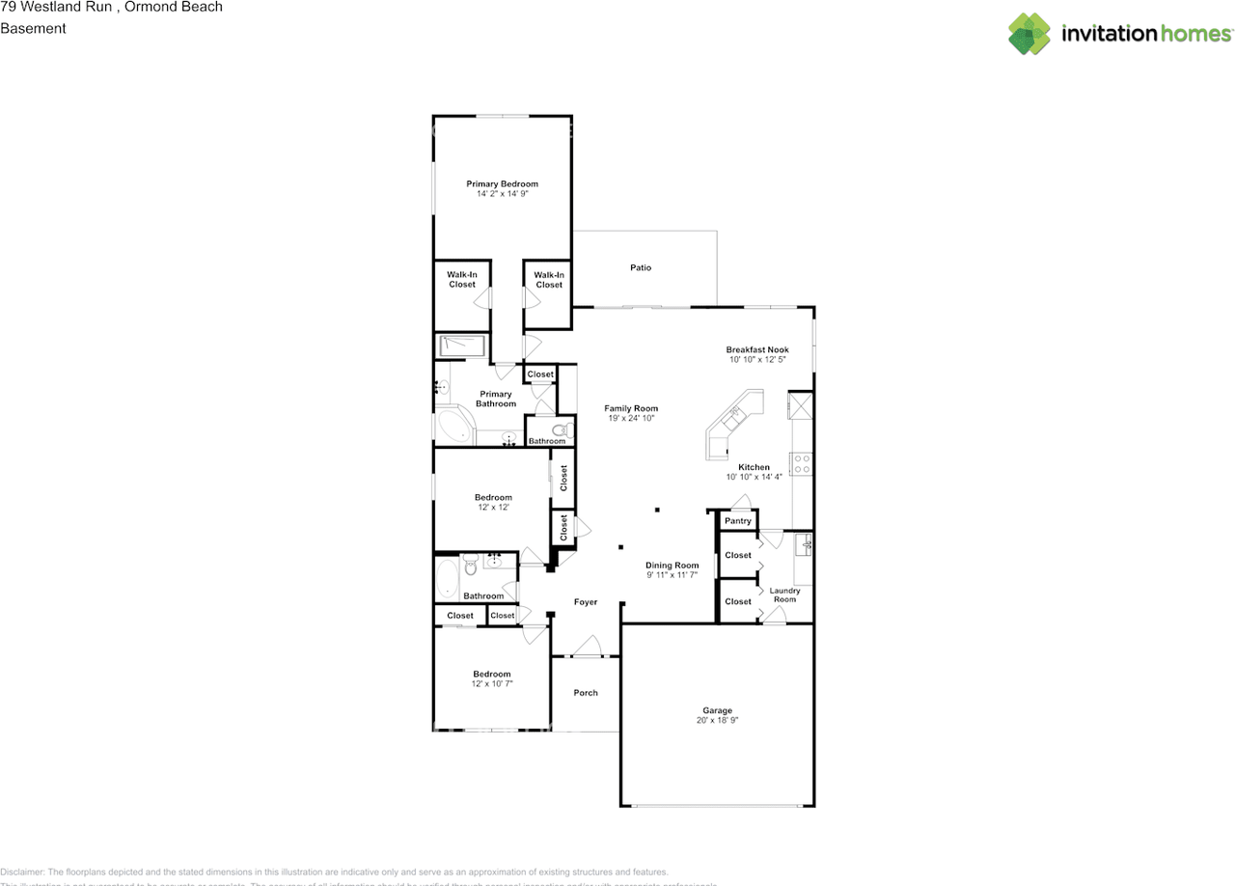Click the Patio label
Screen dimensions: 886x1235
[641, 267]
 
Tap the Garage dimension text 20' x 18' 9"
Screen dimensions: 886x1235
[717, 720]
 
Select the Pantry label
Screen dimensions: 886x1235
[738, 521]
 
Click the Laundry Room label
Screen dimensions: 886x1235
[784, 595]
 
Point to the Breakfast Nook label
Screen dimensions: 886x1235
[757, 349]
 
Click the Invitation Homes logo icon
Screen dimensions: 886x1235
[1029, 33]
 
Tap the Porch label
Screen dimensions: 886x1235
[586, 692]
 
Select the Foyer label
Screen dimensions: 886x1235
[586, 602]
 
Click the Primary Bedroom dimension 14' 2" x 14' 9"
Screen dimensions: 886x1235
[502, 194]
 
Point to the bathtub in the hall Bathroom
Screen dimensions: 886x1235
[447, 578]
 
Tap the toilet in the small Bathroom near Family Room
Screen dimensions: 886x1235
[558, 430]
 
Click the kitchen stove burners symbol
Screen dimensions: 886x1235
[802, 463]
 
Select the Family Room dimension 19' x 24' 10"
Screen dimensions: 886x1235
[631, 419]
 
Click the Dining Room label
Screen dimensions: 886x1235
[672, 566]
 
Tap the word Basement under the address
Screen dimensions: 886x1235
[33, 28]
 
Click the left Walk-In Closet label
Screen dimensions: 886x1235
[462, 279]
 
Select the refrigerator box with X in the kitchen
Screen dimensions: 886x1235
[800, 404]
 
